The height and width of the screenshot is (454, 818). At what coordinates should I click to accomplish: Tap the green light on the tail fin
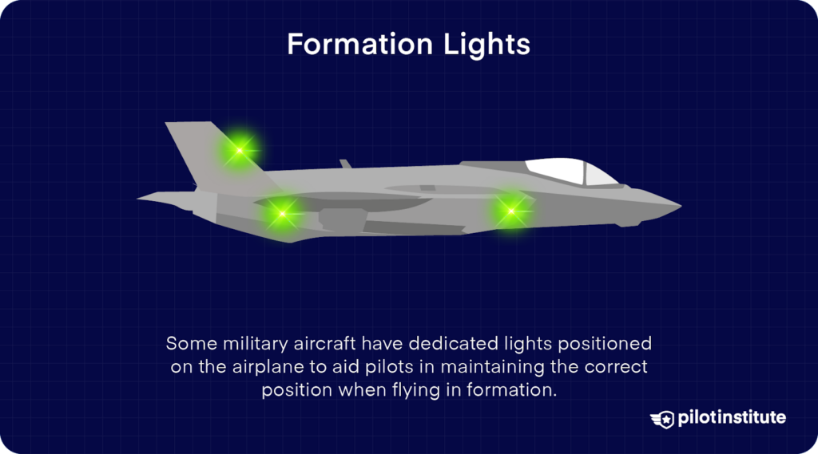pyautogui.click(x=240, y=149)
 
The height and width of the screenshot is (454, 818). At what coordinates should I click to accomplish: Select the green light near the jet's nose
pyautogui.click(x=511, y=211)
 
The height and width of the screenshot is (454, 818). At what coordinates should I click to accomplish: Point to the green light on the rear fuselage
pyautogui.click(x=280, y=213)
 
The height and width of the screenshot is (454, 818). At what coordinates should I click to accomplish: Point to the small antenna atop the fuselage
pyautogui.click(x=345, y=164)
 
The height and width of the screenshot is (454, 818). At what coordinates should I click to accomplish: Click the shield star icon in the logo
pyautogui.click(x=662, y=419)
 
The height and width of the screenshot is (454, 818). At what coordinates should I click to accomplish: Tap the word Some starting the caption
pyautogui.click(x=187, y=344)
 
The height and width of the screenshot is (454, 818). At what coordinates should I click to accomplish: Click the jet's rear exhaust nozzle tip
pyautogui.click(x=141, y=197)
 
